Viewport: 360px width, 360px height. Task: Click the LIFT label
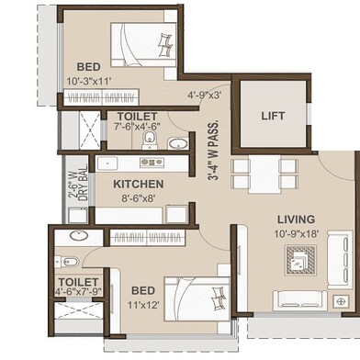pyautogui.click(x=273, y=116)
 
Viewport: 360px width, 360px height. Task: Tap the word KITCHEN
pyautogui.click(x=139, y=185)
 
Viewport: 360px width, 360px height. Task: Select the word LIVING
pyautogui.click(x=296, y=219)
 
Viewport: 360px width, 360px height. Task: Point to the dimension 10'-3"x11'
pyautogui.click(x=89, y=81)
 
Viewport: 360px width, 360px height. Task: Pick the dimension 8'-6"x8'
pyautogui.click(x=138, y=198)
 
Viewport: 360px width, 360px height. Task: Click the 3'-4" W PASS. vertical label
pyautogui.click(x=215, y=150)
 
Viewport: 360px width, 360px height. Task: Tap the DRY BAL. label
pyautogui.click(x=84, y=185)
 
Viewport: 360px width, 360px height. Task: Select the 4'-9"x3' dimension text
pyautogui.click(x=205, y=96)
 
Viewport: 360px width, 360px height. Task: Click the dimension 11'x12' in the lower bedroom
pyautogui.click(x=143, y=305)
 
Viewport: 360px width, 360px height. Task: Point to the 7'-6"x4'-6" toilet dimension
pyautogui.click(x=138, y=127)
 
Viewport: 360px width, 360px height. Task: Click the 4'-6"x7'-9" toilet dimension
pyautogui.click(x=78, y=291)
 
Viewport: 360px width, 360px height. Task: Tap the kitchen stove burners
pyautogui.click(x=152, y=163)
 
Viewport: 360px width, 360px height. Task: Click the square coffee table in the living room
pyautogui.click(x=300, y=260)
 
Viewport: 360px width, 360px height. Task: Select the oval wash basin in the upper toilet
pyautogui.click(x=178, y=143)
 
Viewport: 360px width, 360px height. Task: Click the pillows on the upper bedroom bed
pyautogui.click(x=165, y=45)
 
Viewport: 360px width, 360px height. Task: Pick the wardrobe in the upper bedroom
pyautogui.click(x=101, y=97)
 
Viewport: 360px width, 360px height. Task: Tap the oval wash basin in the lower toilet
pyautogui.click(x=79, y=236)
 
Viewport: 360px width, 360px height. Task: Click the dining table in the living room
pyautogui.click(x=264, y=174)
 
